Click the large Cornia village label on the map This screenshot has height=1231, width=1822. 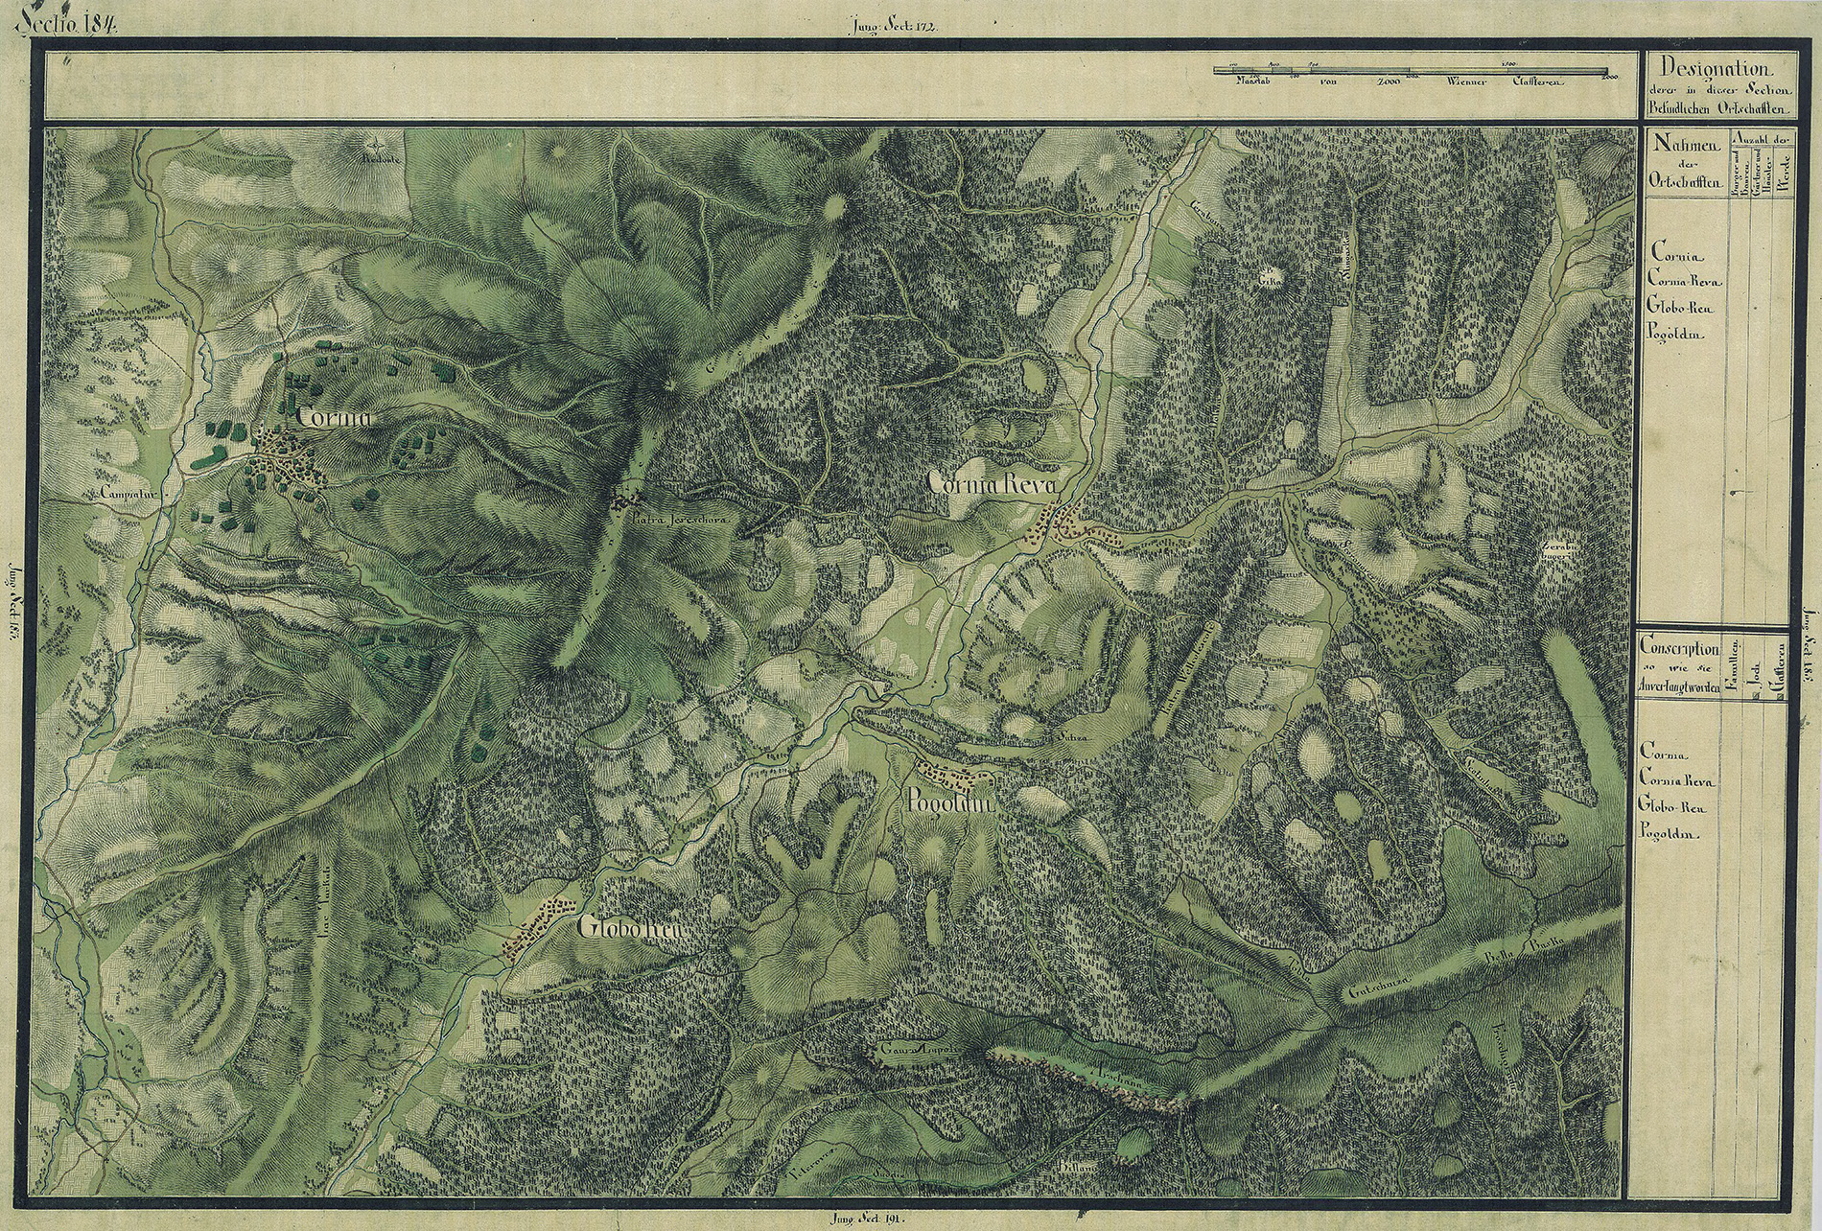tap(333, 417)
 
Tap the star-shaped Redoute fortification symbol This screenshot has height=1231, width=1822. tap(371, 144)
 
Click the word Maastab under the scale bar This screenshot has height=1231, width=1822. tap(1248, 82)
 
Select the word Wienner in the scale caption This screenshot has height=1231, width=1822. tap(1460, 82)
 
